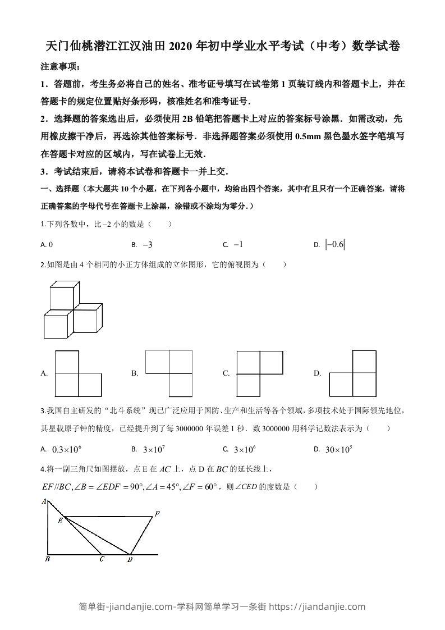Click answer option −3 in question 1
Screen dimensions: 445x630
[148, 244]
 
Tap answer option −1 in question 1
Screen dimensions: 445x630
[238, 244]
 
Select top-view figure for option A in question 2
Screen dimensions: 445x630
[78, 373]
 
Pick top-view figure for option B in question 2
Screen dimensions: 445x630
[169, 373]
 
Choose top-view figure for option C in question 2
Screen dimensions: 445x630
[259, 373]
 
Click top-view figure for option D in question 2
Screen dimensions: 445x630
[352, 373]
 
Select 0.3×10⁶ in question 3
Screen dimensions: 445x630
[67, 449]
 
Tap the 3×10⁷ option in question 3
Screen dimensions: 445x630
[154, 449]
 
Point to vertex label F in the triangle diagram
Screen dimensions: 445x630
[158, 514]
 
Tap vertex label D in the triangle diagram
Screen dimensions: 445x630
[130, 559]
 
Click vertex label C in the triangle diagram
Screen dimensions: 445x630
[101, 559]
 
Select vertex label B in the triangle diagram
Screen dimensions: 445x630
[48, 559]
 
